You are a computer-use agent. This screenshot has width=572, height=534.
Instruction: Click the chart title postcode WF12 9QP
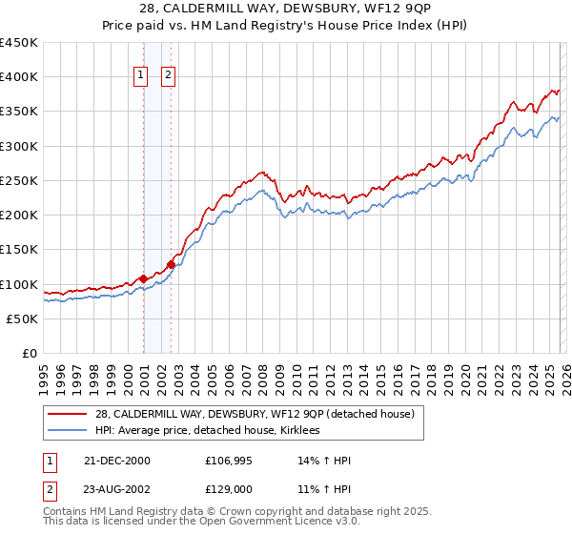point(388,10)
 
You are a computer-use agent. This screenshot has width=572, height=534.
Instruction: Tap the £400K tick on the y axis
point(19,77)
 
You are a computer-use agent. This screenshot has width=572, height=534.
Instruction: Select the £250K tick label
point(19,181)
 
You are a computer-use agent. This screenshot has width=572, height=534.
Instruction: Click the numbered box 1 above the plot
point(141,75)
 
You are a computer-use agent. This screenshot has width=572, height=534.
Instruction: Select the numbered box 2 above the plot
point(169,75)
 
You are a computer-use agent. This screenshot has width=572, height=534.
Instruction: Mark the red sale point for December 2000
point(143,278)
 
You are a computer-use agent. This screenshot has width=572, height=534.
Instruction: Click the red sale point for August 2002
point(171,264)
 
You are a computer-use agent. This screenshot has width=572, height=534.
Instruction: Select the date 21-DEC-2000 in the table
point(116,461)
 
